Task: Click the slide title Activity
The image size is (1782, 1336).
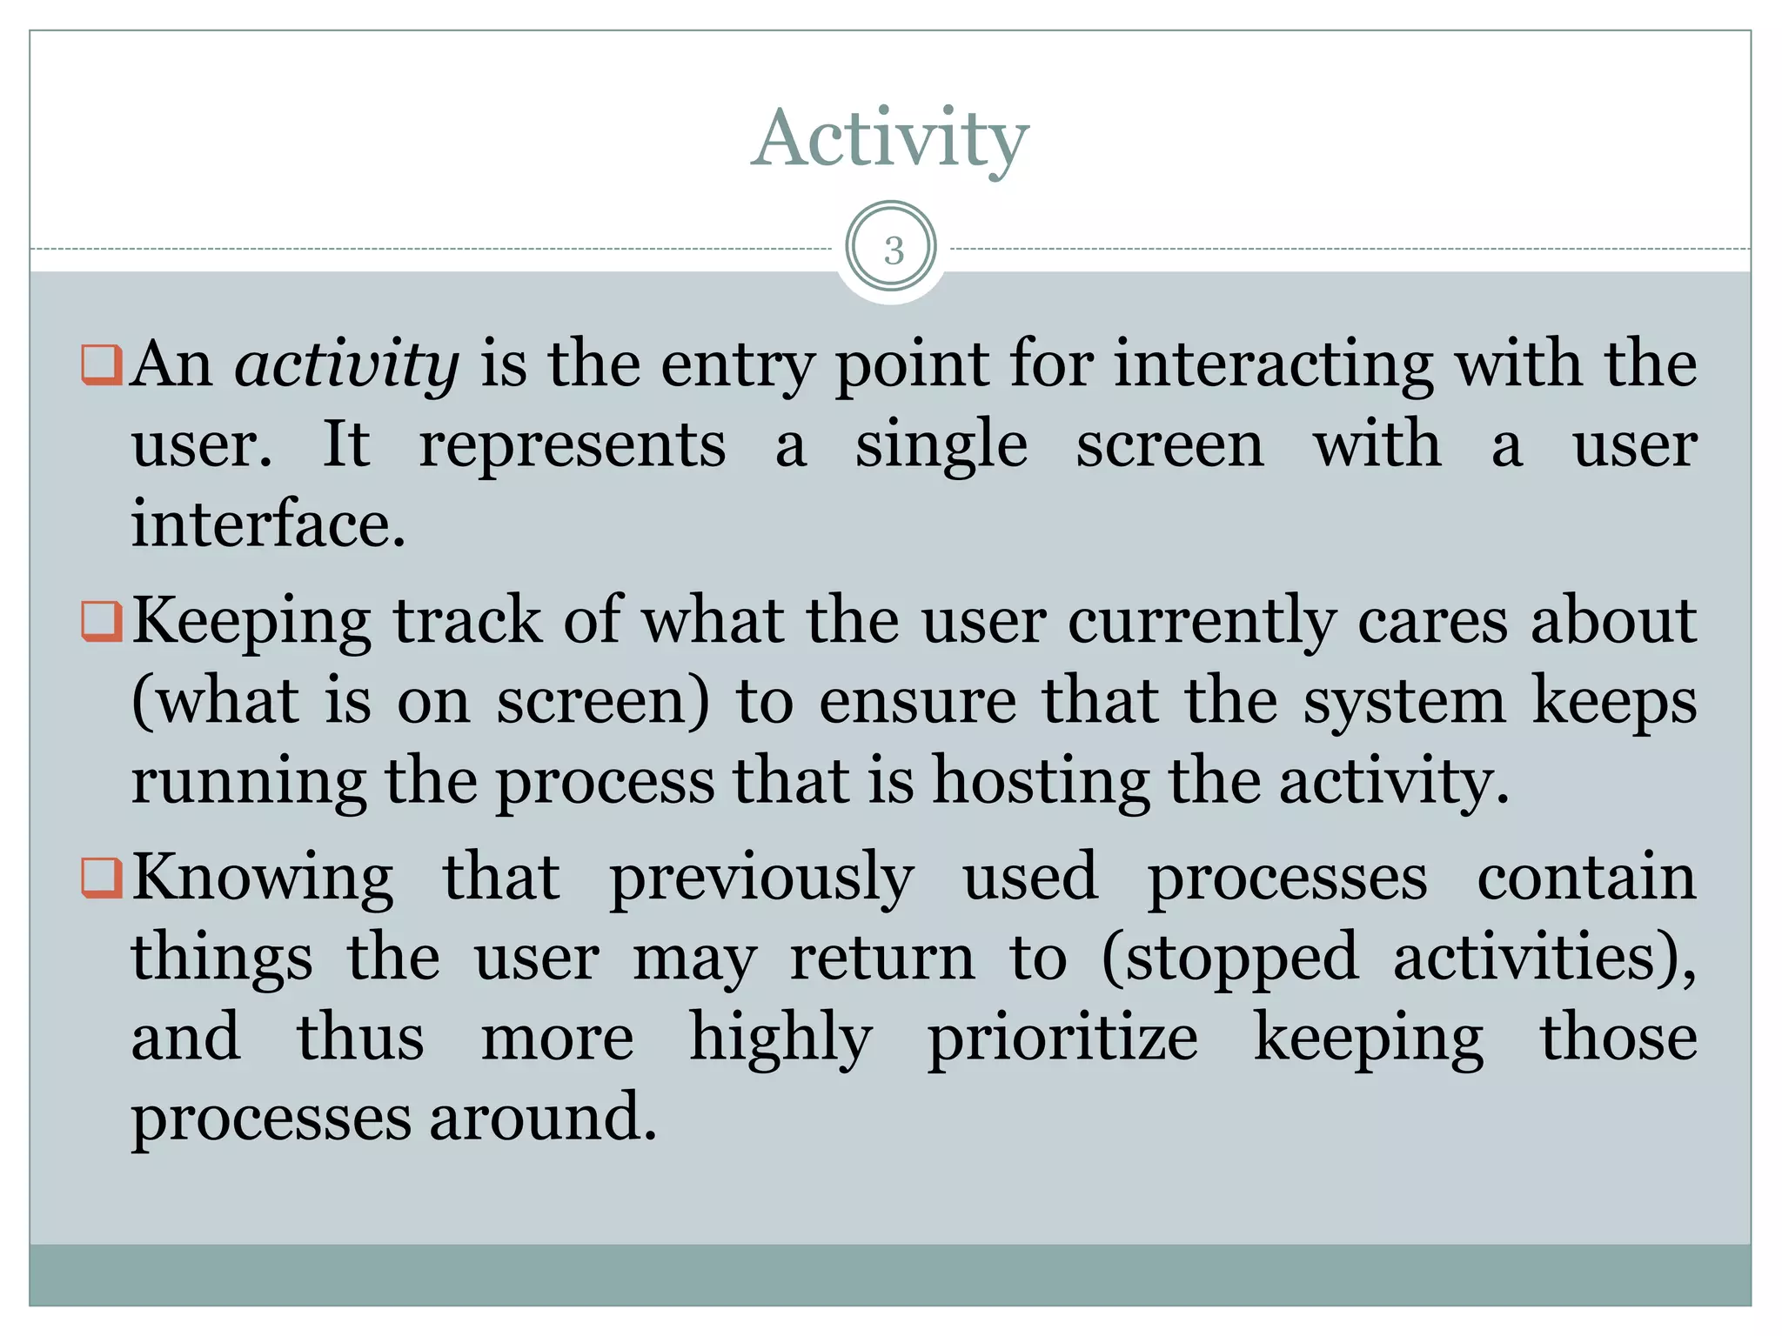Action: [889, 139]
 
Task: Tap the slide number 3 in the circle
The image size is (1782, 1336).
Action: [894, 250]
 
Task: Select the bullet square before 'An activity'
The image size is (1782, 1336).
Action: [100, 364]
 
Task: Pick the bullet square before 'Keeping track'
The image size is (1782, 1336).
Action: [100, 621]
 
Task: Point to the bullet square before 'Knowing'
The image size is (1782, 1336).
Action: [100, 878]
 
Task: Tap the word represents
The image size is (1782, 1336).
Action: [572, 444]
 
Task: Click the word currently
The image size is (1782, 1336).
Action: [1202, 623]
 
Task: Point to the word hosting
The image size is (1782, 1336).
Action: [1041, 781]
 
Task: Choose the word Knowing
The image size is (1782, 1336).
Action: [262, 878]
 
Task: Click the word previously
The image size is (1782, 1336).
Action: [761, 878]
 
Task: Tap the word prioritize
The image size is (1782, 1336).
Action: [1062, 1039]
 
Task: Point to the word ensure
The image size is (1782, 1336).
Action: [917, 701]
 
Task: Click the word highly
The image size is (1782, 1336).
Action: [780, 1039]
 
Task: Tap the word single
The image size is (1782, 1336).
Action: [941, 446]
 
